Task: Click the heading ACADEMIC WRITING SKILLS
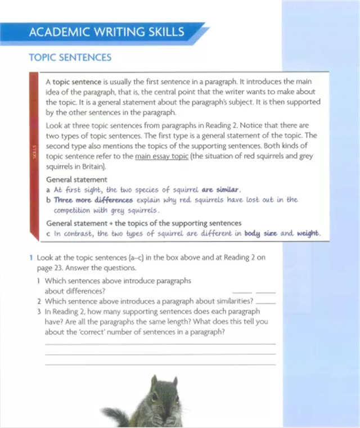click(107, 32)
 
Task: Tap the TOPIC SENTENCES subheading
click(70, 57)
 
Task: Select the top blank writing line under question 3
click(160, 344)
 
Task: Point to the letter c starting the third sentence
click(48, 233)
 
